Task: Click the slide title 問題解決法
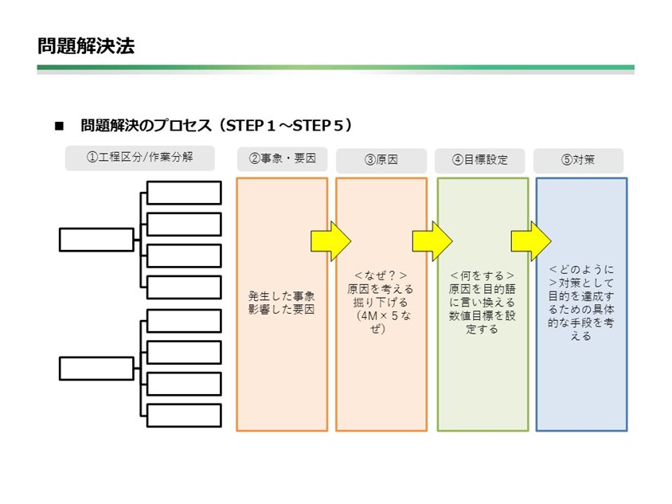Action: (x=85, y=45)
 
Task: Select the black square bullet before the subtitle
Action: (x=58, y=127)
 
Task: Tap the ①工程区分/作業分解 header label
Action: (x=140, y=158)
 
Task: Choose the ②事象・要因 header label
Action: (x=282, y=158)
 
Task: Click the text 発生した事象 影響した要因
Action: (x=281, y=303)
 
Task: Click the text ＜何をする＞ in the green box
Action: (x=481, y=276)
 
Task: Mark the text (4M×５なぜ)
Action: (x=381, y=322)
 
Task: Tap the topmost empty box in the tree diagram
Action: (x=184, y=193)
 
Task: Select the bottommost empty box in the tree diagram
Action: (x=184, y=416)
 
